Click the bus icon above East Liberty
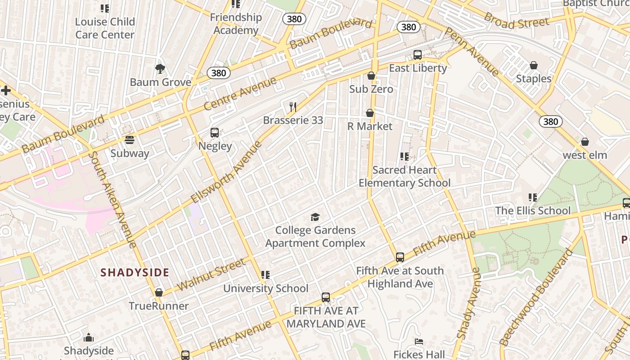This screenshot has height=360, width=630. point(418,55)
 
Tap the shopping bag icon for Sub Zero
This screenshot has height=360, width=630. point(371,76)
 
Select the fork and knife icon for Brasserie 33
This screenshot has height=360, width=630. point(293,107)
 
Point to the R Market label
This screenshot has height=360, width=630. point(370,126)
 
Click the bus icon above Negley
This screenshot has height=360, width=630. point(215,133)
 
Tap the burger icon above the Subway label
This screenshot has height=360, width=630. point(130,140)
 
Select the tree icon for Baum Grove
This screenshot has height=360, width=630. point(160,69)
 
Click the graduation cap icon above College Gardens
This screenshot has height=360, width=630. point(315,217)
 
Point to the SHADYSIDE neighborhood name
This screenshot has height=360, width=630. point(135,272)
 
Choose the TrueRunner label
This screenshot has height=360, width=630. point(159,306)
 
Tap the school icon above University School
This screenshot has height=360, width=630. point(265,274)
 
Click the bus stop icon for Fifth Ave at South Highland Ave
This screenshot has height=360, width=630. point(400,257)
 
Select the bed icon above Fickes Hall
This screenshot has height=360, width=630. point(419,342)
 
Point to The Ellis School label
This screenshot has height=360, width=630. point(533,211)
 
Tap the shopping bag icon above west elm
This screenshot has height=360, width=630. point(585,142)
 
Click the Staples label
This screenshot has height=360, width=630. point(534,79)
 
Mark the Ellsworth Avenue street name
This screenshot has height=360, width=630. point(226,172)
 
